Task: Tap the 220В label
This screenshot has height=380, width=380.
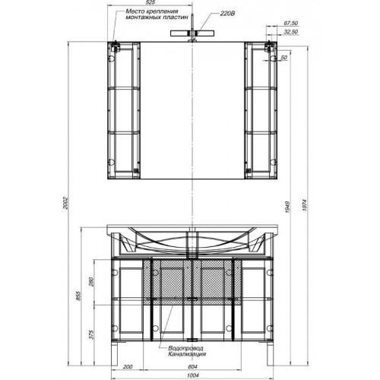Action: pos(227,14)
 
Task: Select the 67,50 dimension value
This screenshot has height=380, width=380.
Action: pos(290,23)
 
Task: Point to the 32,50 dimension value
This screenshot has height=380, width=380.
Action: pos(290,32)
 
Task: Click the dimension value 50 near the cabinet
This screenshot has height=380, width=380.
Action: pos(283,58)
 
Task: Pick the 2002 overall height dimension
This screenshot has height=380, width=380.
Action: pos(65,203)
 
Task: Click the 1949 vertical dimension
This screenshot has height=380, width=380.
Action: pos(288,207)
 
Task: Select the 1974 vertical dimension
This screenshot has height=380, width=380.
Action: pos(305,205)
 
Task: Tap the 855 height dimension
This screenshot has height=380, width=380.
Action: pos(78,296)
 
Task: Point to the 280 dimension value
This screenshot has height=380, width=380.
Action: pos(91,282)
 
